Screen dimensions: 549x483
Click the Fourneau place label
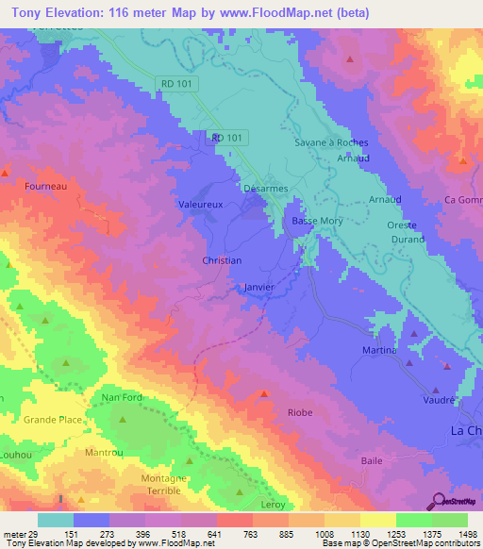point(44,187)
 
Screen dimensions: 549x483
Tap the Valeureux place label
point(200,203)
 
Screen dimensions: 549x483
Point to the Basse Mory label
point(316,221)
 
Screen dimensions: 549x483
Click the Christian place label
point(222,260)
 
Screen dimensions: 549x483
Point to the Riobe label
point(300,412)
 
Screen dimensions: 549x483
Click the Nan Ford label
point(121,397)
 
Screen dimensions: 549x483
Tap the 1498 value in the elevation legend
point(466,533)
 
